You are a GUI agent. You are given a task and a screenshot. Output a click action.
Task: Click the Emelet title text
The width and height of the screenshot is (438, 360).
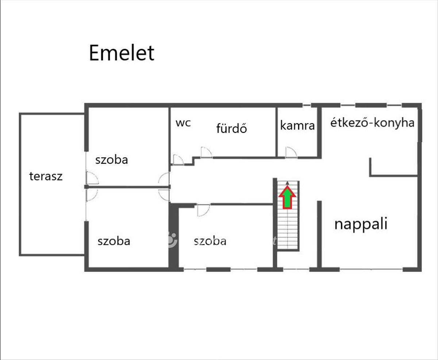coord(122,53)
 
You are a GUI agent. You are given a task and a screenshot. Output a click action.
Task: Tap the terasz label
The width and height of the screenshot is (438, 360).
coord(46,177)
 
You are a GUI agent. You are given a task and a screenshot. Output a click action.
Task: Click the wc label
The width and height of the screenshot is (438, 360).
coord(183,123)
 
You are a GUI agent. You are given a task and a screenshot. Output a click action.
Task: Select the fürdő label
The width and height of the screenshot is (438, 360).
coord(231,128)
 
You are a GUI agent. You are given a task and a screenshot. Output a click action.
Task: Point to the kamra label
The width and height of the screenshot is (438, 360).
coord(297,125)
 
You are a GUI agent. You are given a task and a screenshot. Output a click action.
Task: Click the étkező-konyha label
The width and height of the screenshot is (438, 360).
coord(372,123)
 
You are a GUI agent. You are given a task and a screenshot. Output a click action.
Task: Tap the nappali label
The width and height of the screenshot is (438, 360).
coord(361,224)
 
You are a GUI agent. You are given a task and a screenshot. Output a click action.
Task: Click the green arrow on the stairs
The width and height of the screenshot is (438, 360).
coord(288,197)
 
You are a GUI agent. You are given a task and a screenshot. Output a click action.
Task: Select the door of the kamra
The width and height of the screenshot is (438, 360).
coord(291,152)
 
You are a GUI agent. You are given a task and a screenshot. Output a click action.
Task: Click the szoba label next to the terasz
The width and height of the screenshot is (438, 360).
coord(112,160)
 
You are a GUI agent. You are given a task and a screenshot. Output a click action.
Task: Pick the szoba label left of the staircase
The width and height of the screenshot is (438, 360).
coord(210,241)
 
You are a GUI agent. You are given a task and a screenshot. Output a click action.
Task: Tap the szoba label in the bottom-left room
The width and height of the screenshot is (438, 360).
coord(114,241)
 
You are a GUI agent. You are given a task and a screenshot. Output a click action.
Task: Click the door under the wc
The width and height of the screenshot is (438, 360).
coord(178,160)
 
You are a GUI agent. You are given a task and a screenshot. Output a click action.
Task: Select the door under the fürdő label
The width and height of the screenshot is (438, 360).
coord(206,152)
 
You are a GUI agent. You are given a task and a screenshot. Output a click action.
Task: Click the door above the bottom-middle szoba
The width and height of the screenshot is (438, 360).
coord(203,210)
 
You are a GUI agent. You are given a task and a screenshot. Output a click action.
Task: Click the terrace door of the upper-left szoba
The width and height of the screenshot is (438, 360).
coord(92,178)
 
